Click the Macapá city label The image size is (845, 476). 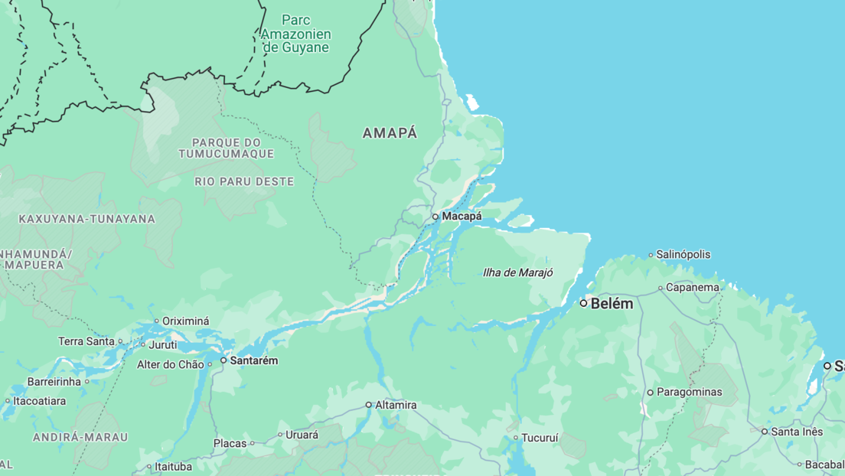coord(462,217)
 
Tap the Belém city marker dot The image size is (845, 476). coord(583,303)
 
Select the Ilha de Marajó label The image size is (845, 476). coord(517,272)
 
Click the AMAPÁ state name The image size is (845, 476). coord(390,133)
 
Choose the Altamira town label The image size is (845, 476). coord(396,405)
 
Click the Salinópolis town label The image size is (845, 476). coord(684,255)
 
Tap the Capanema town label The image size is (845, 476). coord(692,288)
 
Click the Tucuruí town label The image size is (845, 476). coord(540,439)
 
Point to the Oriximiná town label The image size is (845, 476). coord(187,321)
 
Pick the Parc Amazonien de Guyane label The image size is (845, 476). coord(295,34)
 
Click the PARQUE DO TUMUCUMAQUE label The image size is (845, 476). coord(227,148)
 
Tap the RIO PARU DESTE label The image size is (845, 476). coord(244,181)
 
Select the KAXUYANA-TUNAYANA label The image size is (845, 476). coord(86,219)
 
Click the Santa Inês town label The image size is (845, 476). coord(797,432)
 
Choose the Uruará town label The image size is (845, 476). coord(302,435)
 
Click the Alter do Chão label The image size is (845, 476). coord(171,364)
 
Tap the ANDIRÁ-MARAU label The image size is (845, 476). coord(80,437)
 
